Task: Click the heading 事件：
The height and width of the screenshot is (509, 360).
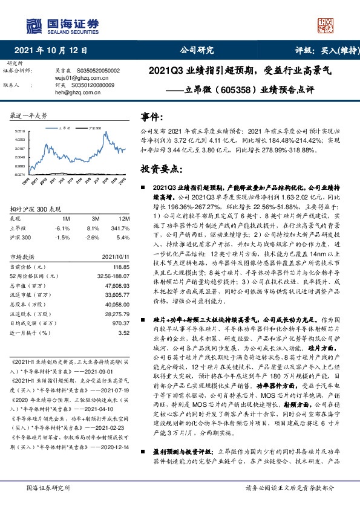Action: pyautogui.click(x=151, y=117)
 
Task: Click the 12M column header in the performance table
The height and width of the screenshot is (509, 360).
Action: pyautogui.click(x=123, y=218)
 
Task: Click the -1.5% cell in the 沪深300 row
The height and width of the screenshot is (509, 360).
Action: pyautogui.click(x=63, y=238)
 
